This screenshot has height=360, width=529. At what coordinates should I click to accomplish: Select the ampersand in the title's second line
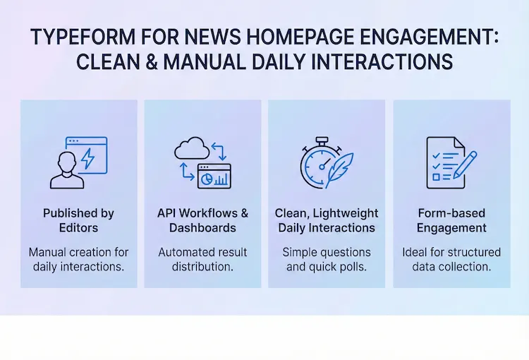[150, 62]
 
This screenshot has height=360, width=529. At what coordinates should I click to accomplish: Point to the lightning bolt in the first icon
[87, 159]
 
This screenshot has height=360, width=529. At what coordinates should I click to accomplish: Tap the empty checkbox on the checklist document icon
[437, 177]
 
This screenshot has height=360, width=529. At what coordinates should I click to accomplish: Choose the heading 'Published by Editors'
[78, 220]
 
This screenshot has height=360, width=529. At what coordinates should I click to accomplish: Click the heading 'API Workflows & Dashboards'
[202, 220]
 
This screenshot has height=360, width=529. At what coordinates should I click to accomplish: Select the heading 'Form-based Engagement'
[451, 220]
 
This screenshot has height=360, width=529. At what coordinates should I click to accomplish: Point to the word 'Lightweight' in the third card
[347, 213]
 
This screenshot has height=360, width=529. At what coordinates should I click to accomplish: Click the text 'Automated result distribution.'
[202, 259]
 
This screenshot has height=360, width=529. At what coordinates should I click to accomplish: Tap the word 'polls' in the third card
[348, 267]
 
